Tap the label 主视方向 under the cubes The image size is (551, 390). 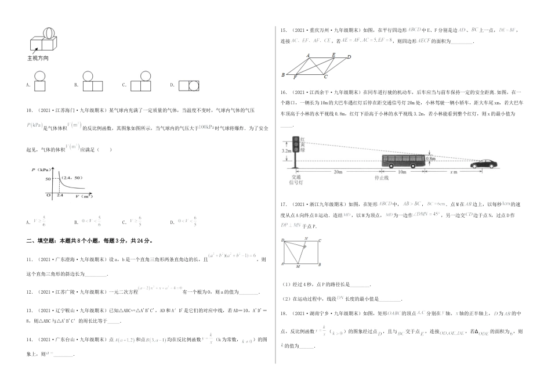click(38, 59)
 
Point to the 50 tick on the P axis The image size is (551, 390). click(48, 180)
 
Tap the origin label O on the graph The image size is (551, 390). click(51, 197)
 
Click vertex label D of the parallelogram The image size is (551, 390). click(349, 56)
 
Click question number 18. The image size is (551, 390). click(284, 313)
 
